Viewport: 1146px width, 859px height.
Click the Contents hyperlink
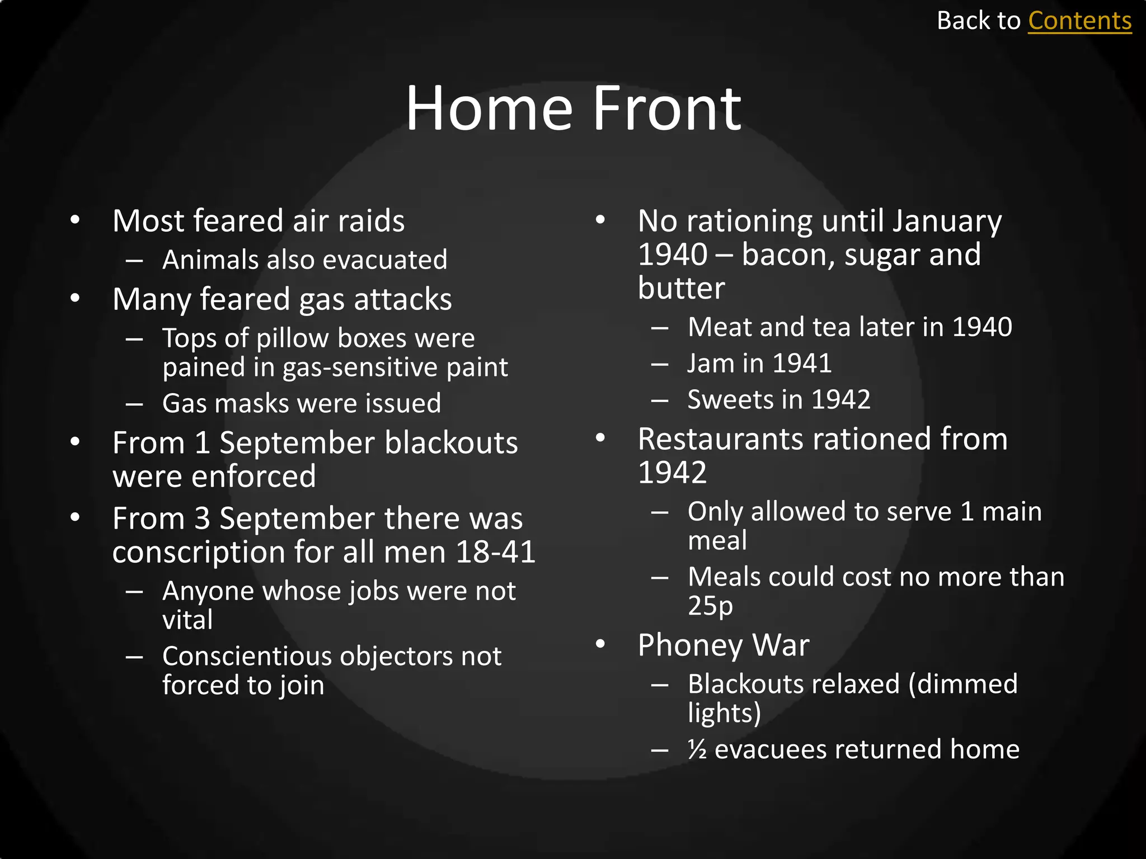[x=1079, y=21]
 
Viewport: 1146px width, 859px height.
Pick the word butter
[x=681, y=289]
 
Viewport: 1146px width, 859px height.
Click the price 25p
[x=710, y=606]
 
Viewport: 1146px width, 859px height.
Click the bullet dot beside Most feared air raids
[x=75, y=220]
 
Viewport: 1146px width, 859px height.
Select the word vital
[x=187, y=620]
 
